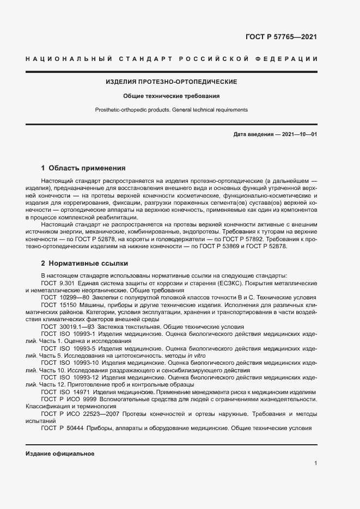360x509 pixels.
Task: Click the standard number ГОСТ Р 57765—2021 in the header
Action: coord(281,38)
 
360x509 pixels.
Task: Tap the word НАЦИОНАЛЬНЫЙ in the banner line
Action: coord(69,58)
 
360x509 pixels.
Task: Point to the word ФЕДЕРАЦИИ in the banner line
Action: coord(290,58)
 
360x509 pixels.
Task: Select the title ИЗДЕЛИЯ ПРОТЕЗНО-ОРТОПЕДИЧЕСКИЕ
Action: coord(171,82)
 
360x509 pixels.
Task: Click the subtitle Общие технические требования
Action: coord(171,96)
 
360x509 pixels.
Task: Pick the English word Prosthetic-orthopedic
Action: coord(121,109)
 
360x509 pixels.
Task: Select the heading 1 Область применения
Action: coord(83,168)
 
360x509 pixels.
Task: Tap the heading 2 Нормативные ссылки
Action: coord(84,263)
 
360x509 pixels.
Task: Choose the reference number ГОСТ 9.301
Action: coord(58,284)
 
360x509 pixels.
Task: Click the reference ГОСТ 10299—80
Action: coord(65,298)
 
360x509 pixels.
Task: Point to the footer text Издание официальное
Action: coord(60,453)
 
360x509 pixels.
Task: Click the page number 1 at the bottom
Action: coord(315,463)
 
